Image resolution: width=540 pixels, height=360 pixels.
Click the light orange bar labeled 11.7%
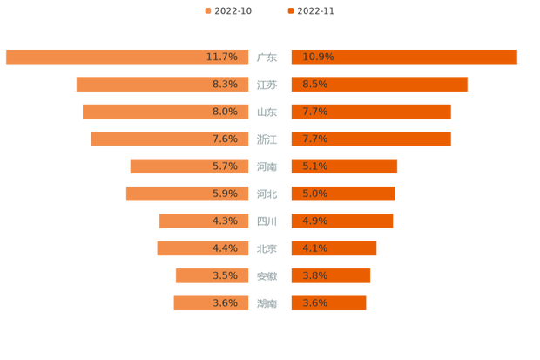click(127, 57)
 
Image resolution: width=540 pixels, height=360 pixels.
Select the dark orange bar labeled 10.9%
click(404, 57)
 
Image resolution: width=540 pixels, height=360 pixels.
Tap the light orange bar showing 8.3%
click(162, 84)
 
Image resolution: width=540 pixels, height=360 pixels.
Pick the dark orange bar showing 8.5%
click(380, 84)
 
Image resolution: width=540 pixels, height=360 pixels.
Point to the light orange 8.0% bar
click(166, 112)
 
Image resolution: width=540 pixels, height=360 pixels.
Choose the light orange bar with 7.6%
click(170, 139)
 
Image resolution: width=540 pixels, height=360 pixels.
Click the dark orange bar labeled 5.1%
click(344, 166)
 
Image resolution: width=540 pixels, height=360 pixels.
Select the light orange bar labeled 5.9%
click(187, 194)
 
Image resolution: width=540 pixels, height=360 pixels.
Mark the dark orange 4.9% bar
click(341, 221)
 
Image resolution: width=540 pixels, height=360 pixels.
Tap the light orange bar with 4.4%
click(203, 248)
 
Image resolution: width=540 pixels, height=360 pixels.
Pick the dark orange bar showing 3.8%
click(331, 275)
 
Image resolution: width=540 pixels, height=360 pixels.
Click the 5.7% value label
click(225, 166)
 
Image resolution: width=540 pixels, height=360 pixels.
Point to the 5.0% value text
click(315, 194)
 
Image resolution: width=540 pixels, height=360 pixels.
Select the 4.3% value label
click(225, 221)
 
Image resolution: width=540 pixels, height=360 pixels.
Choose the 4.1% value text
click(315, 248)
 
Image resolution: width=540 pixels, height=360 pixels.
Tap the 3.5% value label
click(225, 275)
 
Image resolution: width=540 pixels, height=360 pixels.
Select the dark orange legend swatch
click(289, 10)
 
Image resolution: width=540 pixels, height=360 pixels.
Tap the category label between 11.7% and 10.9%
click(267, 58)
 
